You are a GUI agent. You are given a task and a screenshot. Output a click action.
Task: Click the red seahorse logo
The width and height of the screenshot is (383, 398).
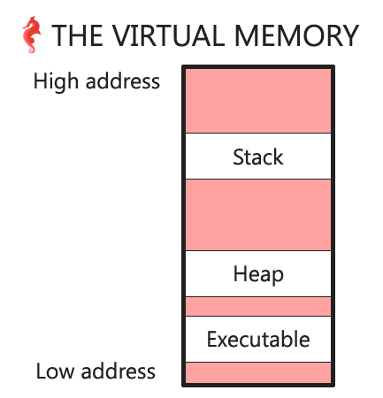(x=32, y=34)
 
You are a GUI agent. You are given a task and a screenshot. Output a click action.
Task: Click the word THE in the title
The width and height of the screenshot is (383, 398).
(x=77, y=35)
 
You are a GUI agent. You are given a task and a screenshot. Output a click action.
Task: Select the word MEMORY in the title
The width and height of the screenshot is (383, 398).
(x=296, y=35)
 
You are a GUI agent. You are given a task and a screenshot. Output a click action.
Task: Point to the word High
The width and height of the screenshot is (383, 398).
(x=56, y=82)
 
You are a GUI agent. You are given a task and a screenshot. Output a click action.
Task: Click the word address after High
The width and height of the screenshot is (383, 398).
(x=123, y=81)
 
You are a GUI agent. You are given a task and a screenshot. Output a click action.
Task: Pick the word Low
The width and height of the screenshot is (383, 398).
(x=55, y=371)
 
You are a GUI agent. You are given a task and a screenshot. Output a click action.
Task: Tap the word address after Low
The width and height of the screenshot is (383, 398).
(x=119, y=371)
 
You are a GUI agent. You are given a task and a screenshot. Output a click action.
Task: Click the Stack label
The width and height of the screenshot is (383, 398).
(x=258, y=157)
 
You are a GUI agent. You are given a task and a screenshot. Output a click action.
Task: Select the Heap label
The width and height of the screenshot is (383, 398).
(x=258, y=275)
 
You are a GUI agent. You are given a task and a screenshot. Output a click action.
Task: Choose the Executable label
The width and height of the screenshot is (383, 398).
(x=258, y=340)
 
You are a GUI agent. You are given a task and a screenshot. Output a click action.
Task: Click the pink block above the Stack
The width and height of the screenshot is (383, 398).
(x=258, y=101)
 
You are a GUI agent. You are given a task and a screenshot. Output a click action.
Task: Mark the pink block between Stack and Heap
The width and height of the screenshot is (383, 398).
(x=258, y=215)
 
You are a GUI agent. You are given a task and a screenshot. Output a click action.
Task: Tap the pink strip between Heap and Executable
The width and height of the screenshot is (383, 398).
(x=258, y=306)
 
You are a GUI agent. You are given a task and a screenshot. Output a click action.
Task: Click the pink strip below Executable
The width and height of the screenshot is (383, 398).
(x=258, y=372)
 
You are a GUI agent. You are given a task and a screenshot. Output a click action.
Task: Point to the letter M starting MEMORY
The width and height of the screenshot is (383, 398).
(x=247, y=35)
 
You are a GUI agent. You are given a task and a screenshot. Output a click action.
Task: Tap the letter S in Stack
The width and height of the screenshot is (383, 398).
(x=238, y=157)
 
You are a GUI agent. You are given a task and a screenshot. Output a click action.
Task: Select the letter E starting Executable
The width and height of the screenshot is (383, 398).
(x=212, y=340)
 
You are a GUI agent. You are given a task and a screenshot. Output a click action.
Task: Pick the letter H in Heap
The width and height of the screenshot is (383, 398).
(x=240, y=273)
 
